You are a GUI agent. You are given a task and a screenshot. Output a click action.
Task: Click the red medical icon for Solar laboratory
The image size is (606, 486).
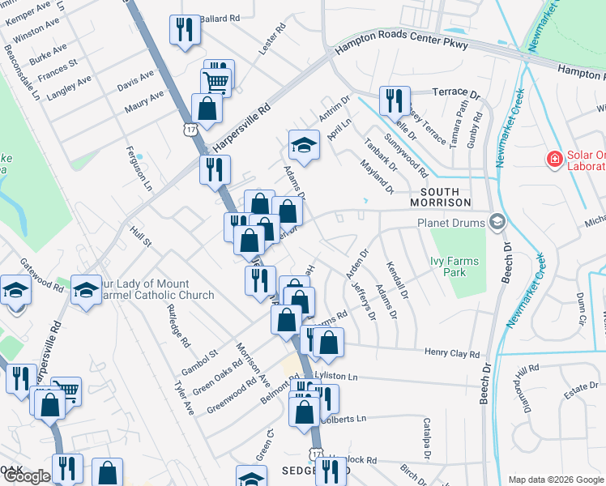(x=555, y=159)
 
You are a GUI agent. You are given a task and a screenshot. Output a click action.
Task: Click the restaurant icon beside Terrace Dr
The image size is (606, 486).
(x=395, y=100)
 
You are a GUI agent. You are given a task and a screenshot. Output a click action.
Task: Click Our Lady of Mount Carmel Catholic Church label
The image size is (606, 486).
(x=146, y=289)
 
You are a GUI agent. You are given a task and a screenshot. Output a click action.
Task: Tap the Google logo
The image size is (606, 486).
(x=26, y=476)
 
